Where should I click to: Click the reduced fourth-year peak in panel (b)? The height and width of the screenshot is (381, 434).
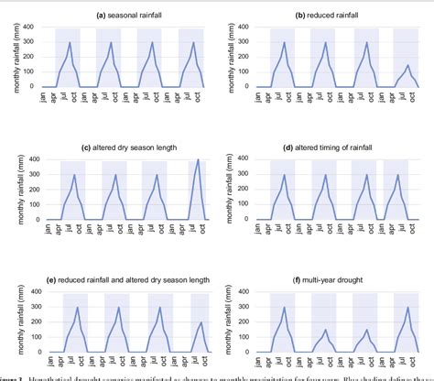[407, 65]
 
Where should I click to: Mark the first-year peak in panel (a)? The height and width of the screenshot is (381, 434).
[71, 42]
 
